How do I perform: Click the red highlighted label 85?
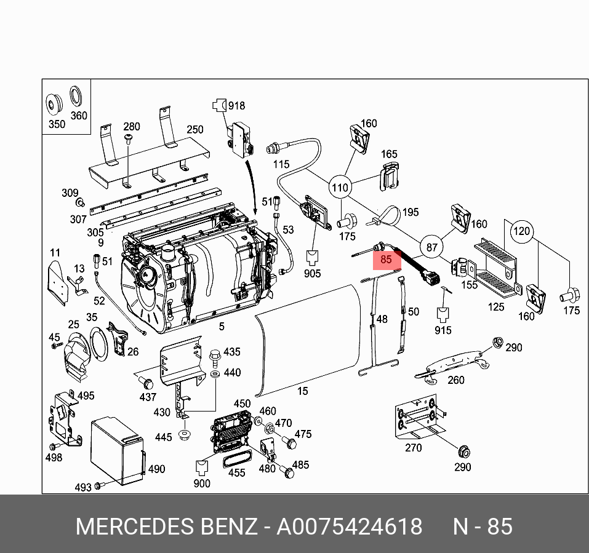(387, 260)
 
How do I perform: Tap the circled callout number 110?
(340, 187)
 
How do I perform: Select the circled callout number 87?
(432, 248)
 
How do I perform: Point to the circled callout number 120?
(521, 232)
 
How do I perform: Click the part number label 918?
(236, 106)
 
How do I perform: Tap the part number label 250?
(194, 129)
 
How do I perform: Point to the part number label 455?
(237, 472)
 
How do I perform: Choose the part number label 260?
(455, 380)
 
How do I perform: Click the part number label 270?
(413, 448)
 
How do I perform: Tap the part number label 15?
(302, 391)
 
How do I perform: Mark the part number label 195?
(410, 212)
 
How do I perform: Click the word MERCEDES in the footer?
(133, 527)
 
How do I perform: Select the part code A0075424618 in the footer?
(349, 527)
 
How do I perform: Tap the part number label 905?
(312, 273)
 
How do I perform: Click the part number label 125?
(495, 307)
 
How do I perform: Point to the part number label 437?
(148, 397)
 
